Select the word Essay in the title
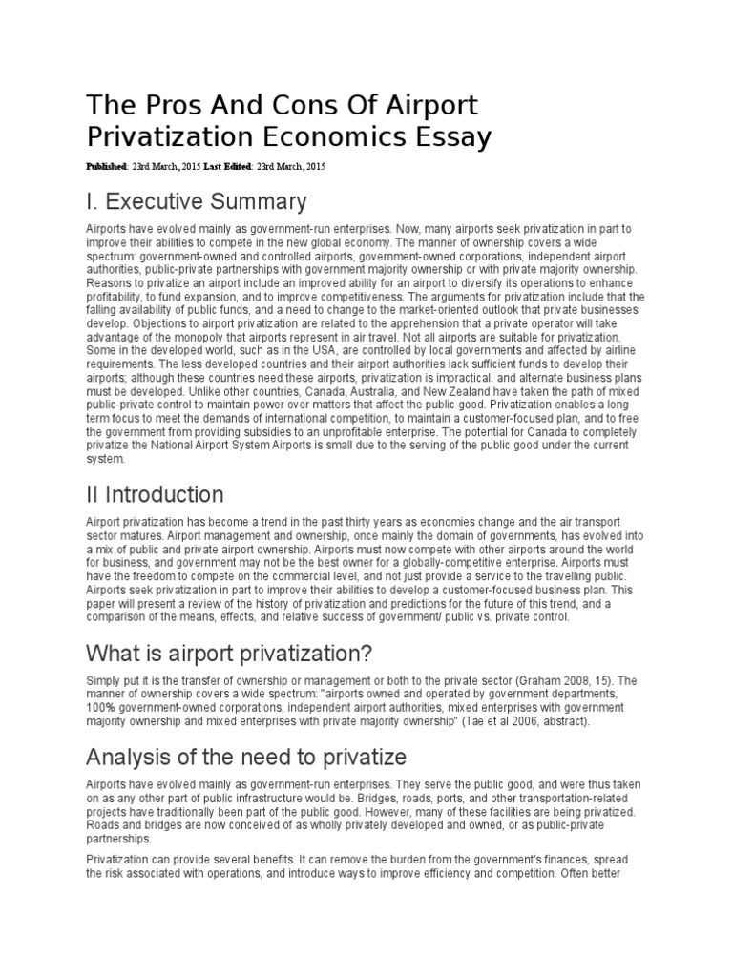pos(450,137)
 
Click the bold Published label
pos(106,167)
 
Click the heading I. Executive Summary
pos(197,201)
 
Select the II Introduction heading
pos(155,494)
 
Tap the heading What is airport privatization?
pos(229,654)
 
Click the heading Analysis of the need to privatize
pos(246,757)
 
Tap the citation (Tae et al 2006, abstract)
pos(509,721)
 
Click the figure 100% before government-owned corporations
pos(102,708)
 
